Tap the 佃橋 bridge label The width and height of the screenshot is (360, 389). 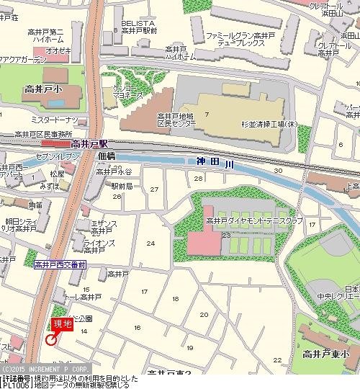pos(106,156)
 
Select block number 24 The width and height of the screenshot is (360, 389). pos(150,243)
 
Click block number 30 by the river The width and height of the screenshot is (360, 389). pos(278,171)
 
